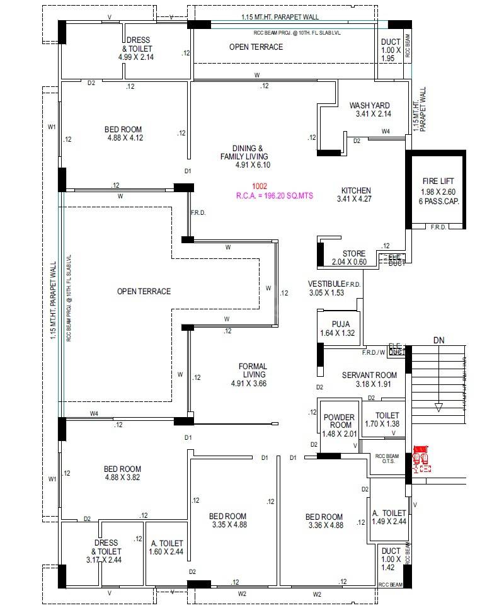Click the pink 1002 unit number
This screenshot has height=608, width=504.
[260, 186]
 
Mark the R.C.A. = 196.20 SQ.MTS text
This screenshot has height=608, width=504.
[274, 196]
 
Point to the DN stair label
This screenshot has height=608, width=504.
[439, 340]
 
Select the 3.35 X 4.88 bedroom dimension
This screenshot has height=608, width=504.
[228, 524]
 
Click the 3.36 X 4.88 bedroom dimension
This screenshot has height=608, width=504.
[325, 525]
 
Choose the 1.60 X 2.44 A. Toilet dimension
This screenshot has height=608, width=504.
[167, 551]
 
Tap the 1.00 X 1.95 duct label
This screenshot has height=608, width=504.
[391, 54]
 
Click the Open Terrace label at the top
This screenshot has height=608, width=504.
[256, 47]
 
